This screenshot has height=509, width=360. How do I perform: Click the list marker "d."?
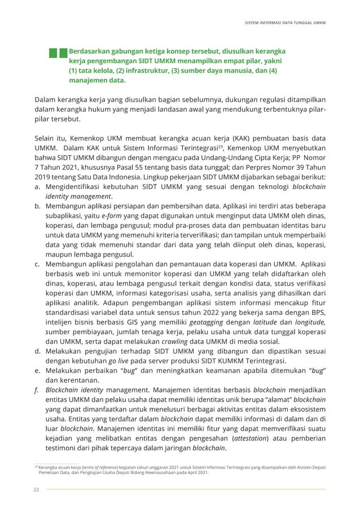(x=37, y=350)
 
